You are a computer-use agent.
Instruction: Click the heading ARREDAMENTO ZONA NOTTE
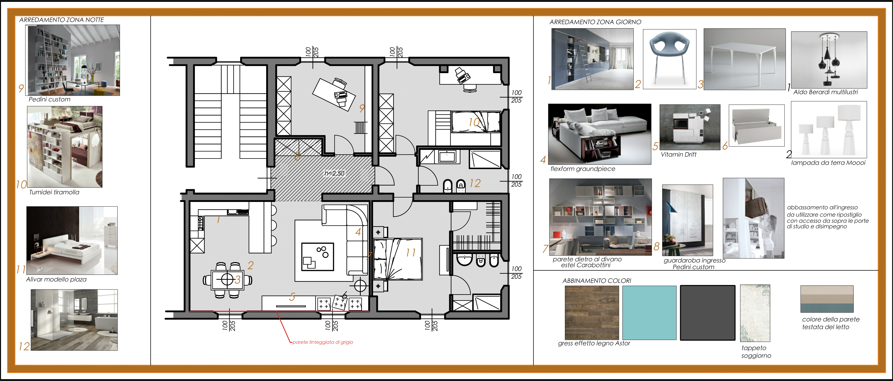click(61, 20)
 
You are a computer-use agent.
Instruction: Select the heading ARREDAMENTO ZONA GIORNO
click(595, 22)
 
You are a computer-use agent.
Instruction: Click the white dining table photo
click(744, 59)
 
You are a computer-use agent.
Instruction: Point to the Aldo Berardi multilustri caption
click(825, 92)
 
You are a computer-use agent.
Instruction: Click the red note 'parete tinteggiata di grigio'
click(323, 342)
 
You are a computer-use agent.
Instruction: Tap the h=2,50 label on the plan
click(335, 173)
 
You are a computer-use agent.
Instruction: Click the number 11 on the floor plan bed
click(411, 252)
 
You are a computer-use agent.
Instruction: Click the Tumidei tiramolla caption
click(54, 192)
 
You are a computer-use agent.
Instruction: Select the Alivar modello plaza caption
click(56, 280)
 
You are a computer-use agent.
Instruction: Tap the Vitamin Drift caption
click(678, 155)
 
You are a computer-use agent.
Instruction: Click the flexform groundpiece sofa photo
click(600, 134)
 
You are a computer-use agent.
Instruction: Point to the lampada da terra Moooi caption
click(828, 163)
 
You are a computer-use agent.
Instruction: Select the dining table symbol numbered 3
click(227, 280)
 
